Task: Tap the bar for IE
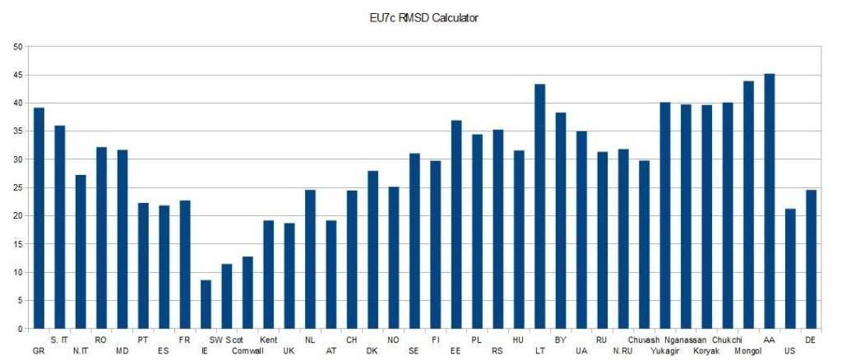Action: [206, 304]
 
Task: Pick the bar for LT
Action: [539, 206]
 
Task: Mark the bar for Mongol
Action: [748, 205]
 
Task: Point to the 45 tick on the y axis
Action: [18, 75]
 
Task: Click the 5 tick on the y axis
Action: [21, 301]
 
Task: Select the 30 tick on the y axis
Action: [18, 159]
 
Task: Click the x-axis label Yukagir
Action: [664, 351]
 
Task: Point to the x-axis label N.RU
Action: [622, 351]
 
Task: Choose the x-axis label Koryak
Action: [706, 351]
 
